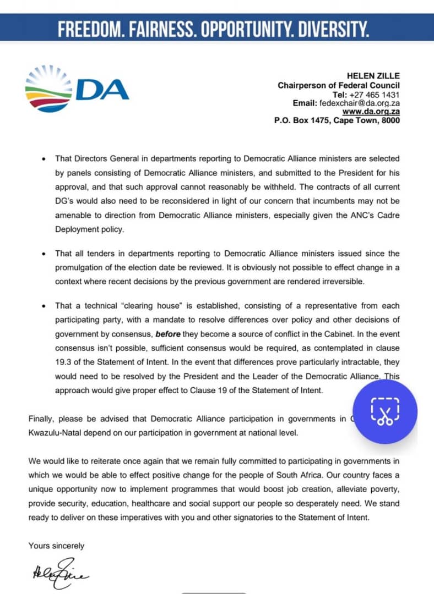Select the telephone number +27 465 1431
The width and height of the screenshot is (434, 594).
coord(375,94)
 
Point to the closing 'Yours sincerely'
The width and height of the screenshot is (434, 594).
coord(56,546)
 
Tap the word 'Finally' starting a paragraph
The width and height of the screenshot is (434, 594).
coord(41,419)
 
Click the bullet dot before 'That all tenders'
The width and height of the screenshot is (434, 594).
coord(44,254)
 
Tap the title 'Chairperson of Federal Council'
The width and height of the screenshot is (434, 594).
coord(339,85)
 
